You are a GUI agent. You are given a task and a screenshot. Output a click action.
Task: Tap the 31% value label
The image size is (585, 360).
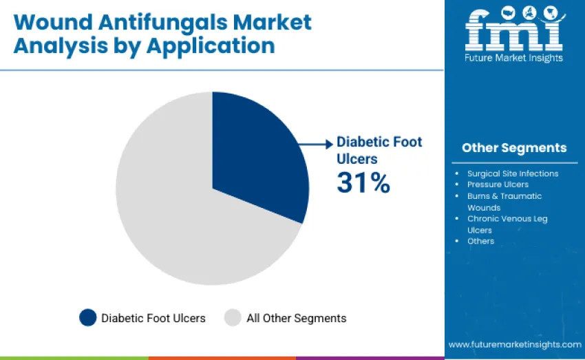click(x=363, y=182)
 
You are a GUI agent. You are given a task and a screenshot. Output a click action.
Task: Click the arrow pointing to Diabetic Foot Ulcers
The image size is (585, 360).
click(x=318, y=144)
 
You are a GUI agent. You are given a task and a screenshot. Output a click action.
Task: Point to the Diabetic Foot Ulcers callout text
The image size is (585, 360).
click(x=379, y=150)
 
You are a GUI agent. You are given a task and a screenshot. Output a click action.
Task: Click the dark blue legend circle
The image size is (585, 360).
click(x=87, y=317)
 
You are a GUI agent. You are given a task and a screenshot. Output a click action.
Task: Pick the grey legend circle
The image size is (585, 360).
click(x=233, y=317)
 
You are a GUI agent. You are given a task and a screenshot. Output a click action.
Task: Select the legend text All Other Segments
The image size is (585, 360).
click(x=296, y=318)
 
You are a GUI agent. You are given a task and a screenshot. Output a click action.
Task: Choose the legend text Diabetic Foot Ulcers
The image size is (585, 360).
click(x=153, y=318)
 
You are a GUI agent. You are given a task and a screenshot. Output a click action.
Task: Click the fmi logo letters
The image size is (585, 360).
click(x=513, y=31)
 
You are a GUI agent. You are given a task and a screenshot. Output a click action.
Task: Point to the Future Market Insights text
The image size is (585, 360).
click(x=513, y=59)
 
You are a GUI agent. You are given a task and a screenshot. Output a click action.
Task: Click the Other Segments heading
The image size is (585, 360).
click(x=514, y=148)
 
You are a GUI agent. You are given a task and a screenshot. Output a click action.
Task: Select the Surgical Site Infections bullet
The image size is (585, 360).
click(x=512, y=173)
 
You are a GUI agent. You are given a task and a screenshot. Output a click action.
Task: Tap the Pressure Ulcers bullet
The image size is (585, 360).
click(x=498, y=184)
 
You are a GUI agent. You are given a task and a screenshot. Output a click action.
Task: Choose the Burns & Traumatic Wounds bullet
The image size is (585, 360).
click(x=504, y=202)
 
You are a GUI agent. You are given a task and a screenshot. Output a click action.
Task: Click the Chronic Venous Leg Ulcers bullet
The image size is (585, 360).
click(x=507, y=224)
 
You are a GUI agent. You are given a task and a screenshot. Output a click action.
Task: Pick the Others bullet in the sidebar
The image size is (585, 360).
click(x=480, y=241)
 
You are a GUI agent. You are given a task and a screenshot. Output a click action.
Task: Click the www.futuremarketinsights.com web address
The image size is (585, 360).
click(x=514, y=344)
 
